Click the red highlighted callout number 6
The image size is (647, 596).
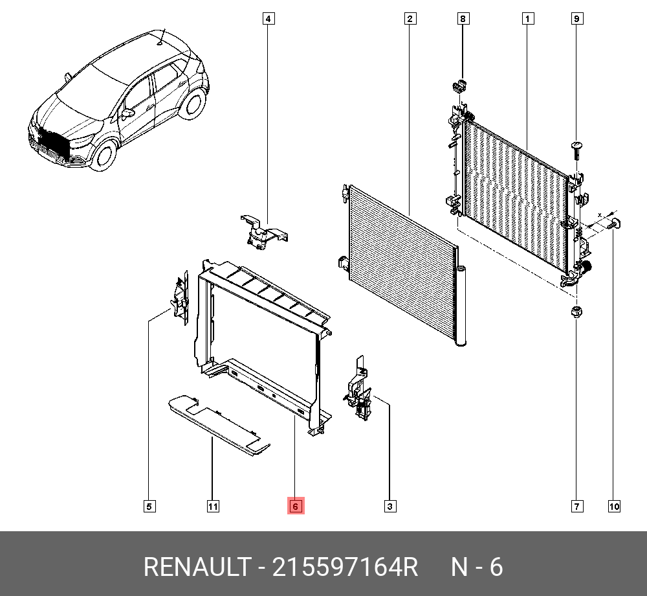(295, 506)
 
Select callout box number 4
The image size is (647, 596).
(268, 19)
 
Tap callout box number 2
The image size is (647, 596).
(410, 19)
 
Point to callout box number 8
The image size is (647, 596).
(463, 19)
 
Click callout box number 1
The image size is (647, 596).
(528, 19)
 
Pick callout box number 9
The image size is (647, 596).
(576, 19)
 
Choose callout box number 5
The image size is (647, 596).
(149, 506)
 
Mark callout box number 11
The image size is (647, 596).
(212, 506)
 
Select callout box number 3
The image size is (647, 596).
(389, 506)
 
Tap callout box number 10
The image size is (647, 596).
(613, 506)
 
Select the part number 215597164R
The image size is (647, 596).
(345, 567)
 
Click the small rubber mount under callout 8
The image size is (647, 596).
(461, 86)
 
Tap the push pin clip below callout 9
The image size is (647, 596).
(576, 148)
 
